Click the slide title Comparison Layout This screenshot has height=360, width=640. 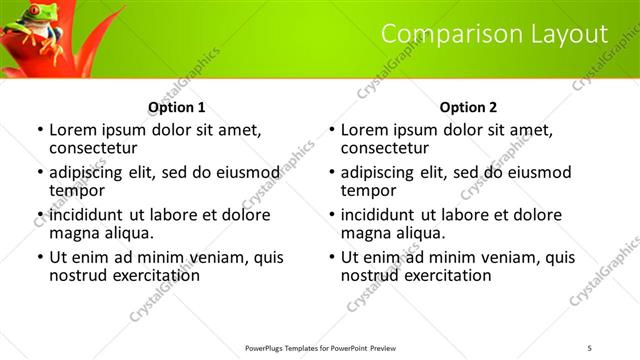(x=494, y=34)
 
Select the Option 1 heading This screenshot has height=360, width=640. (x=177, y=107)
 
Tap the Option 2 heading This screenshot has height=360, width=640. (x=468, y=107)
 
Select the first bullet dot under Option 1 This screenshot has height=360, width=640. (x=40, y=131)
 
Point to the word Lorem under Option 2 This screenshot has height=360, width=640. (x=365, y=130)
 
